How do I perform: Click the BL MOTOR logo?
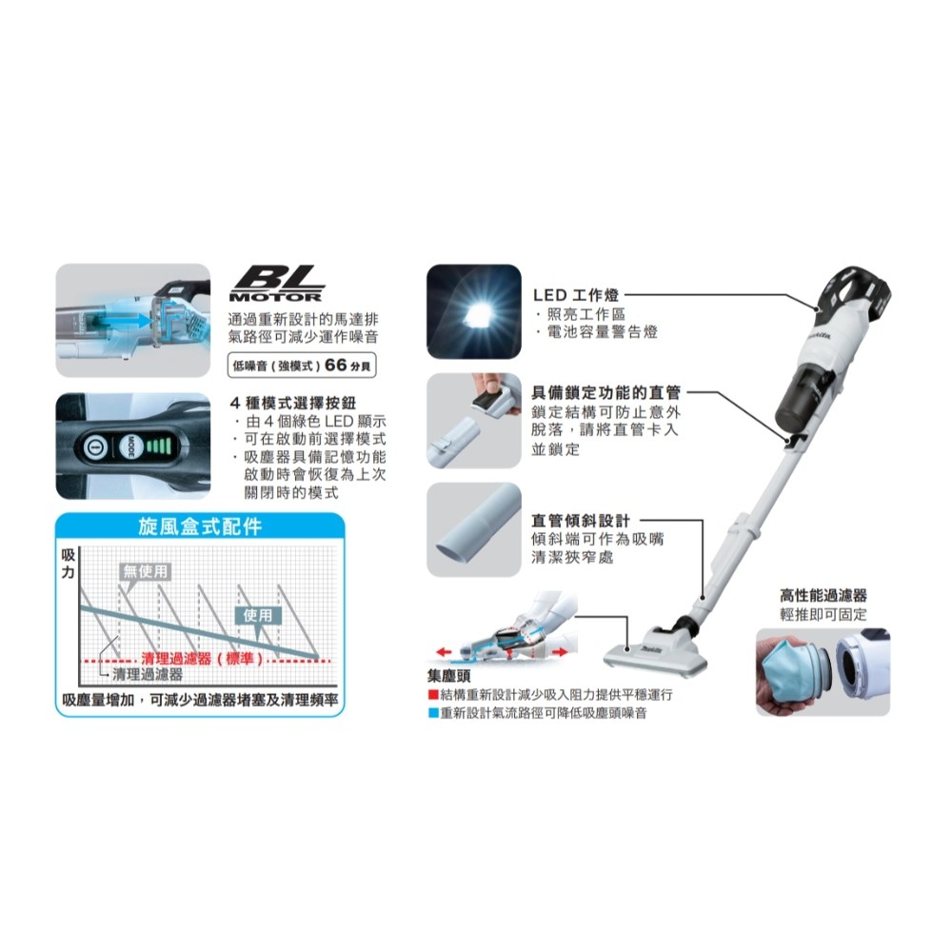[277, 284]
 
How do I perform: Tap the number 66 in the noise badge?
[336, 365]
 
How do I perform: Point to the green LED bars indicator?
[160, 446]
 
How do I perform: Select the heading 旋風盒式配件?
[200, 526]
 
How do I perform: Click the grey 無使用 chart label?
[145, 570]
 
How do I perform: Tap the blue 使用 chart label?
[258, 615]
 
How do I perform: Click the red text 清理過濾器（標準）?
[203, 658]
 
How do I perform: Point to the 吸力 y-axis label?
[68, 563]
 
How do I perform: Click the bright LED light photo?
[474, 311]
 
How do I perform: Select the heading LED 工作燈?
[576, 295]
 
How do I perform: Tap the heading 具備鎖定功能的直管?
[605, 393]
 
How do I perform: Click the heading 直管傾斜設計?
[581, 521]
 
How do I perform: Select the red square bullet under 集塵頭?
[433, 695]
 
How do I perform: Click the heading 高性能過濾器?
[823, 596]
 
